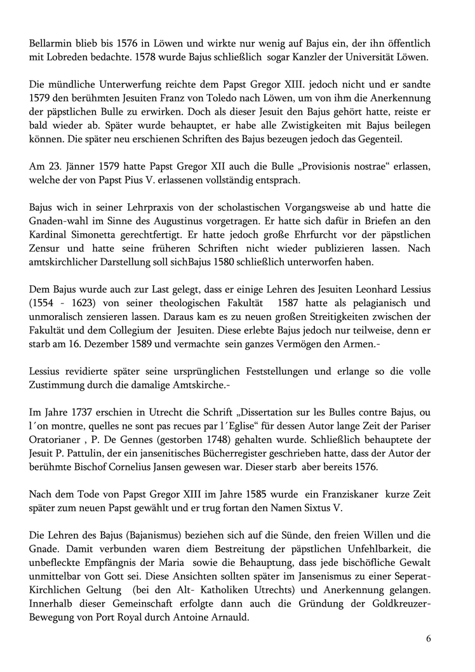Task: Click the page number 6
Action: pyautogui.click(x=429, y=638)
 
